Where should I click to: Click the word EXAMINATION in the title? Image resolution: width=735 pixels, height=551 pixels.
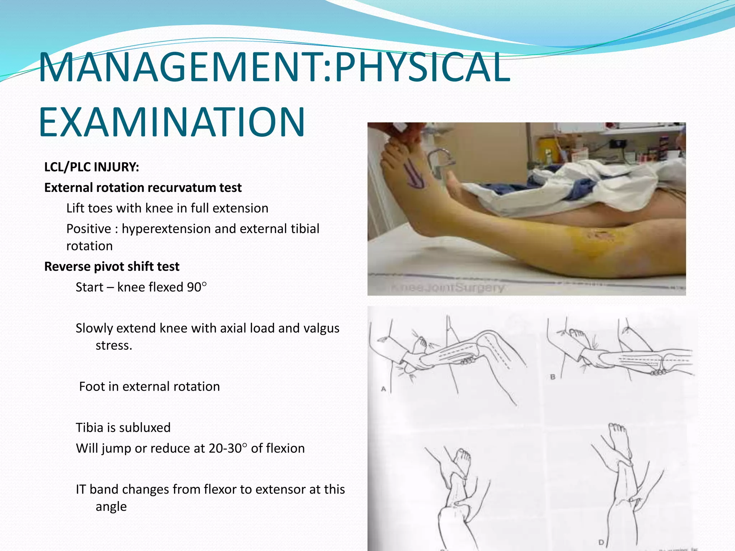tap(172, 122)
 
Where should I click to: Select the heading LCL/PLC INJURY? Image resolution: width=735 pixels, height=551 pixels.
tap(92, 167)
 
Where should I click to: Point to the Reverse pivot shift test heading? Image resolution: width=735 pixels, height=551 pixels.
tap(112, 267)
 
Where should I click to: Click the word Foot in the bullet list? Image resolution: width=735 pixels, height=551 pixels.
tap(92, 387)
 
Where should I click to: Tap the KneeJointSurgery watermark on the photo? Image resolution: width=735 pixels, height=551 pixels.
tap(447, 287)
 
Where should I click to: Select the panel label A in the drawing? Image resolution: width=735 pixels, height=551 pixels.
tap(383, 389)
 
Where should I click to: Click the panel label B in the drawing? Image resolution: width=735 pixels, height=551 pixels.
tap(553, 377)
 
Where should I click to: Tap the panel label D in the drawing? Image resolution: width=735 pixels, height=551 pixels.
tap(601, 542)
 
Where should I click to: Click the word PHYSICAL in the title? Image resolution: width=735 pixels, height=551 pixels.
tap(422, 67)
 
